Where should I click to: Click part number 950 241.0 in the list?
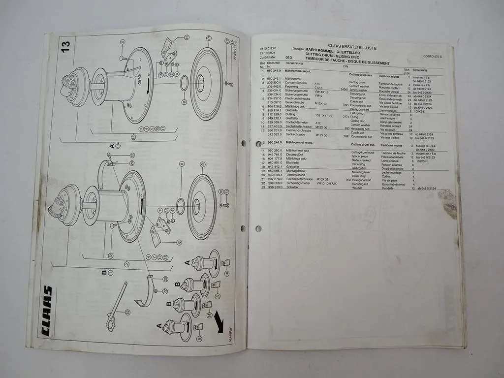tap(274, 72)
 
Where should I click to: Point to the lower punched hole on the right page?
tap(258, 228)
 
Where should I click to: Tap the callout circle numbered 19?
tap(127, 312)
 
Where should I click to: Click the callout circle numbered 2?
tap(126, 264)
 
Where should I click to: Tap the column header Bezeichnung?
tap(294, 63)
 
